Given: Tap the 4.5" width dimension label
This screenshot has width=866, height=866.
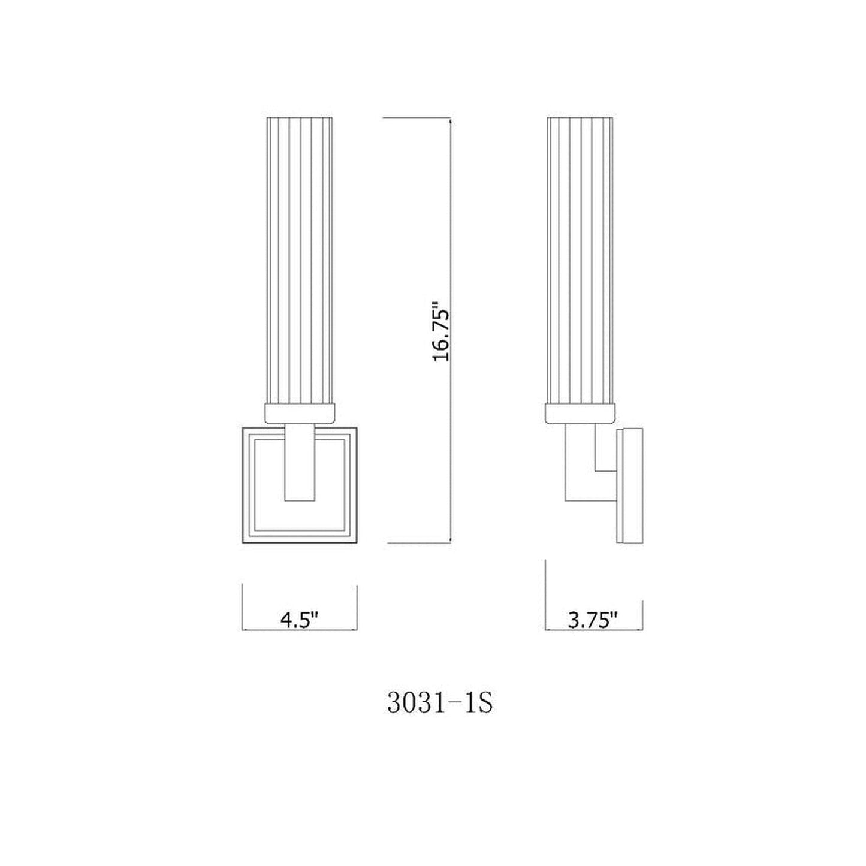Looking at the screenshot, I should (x=298, y=620).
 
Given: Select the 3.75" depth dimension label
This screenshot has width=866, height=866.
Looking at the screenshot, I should (x=593, y=620).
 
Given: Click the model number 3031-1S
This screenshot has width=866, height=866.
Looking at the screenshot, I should (x=440, y=704).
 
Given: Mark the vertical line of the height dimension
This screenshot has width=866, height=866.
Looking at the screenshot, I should (x=451, y=240).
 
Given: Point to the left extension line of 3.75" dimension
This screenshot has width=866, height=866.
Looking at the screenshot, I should (x=545, y=593).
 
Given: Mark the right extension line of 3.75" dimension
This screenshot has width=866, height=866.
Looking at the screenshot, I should (x=643, y=614).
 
